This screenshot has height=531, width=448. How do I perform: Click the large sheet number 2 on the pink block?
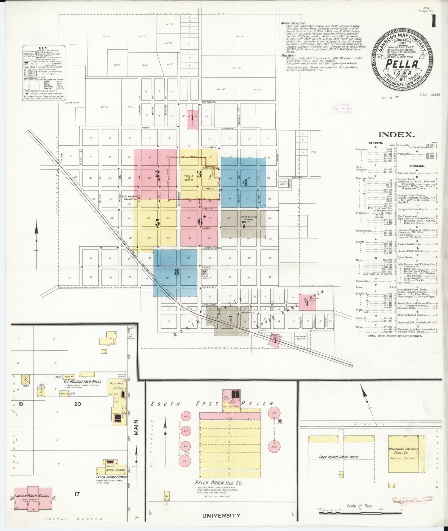[157, 173]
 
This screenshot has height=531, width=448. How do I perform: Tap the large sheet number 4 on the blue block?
[245, 182]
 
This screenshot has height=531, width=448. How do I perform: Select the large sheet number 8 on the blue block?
[176, 272]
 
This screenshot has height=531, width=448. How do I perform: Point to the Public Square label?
[189, 178]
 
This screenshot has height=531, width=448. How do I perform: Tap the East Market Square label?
[249, 218]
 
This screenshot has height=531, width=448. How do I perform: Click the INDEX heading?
[396, 134]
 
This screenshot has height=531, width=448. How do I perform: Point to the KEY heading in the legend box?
[43, 48]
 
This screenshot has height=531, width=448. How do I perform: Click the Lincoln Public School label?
[32, 496]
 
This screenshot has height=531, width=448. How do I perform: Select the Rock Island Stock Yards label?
[339, 457]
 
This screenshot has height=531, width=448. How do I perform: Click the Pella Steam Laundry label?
[112, 477]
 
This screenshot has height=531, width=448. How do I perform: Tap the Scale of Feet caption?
[360, 506]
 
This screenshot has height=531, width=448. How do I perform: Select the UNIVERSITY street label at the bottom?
[221, 516]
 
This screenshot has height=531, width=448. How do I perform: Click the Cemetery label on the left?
[72, 103]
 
